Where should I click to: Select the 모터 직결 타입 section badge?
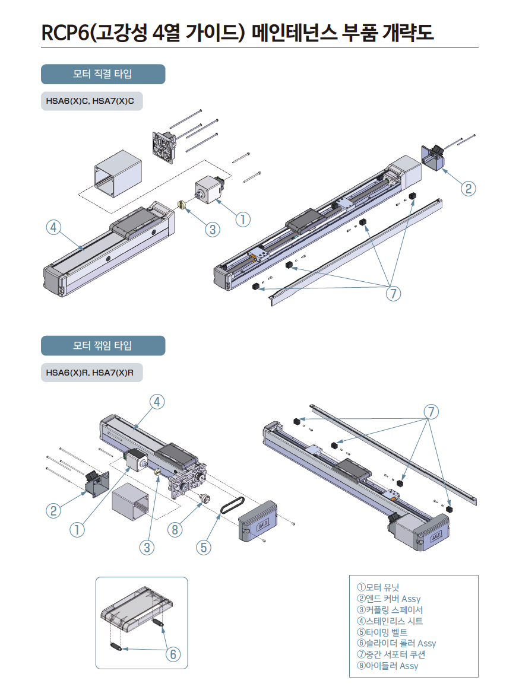coord(103,74)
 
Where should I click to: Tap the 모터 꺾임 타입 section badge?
coord(103,345)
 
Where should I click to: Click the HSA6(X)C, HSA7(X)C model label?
coord(90,101)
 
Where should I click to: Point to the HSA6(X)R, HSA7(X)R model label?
coord(90,373)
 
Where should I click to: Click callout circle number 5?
coord(204,547)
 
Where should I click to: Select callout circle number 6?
coord(172,654)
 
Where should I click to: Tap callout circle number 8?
coord(175,530)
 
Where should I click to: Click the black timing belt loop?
coord(231,506)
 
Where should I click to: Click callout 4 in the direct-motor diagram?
coord(54,227)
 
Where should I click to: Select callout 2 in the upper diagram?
coord(469,189)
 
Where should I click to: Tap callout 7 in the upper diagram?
coord(393,293)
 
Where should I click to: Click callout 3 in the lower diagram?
coord(147,547)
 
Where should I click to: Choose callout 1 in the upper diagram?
coord(242,218)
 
